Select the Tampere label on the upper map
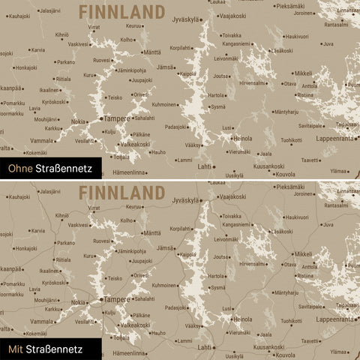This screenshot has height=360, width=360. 116,118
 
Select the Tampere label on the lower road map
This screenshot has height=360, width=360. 116,298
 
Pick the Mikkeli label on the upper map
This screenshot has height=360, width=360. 303,73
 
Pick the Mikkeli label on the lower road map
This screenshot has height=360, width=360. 303,253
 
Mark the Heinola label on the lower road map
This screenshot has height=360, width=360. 242,318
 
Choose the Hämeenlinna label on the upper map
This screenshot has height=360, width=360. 128,172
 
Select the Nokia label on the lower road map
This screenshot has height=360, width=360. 78,301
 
